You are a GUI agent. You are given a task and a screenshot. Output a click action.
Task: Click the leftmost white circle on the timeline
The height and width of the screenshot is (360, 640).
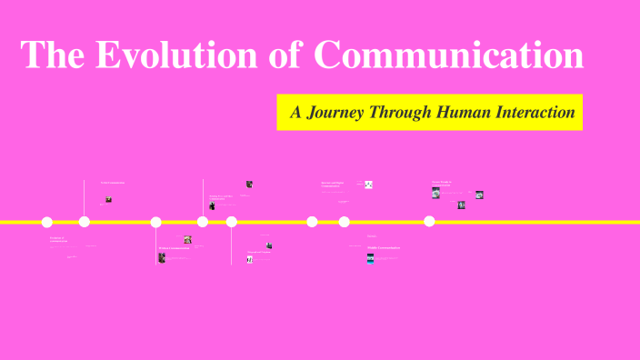coord(47,222)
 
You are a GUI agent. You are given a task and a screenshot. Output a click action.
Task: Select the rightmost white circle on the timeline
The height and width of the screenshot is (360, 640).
coord(429,222)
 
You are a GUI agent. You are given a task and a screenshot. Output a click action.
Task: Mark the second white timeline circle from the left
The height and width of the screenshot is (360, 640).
coord(85,222)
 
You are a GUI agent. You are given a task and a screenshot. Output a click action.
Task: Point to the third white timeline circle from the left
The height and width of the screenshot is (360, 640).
coord(155,222)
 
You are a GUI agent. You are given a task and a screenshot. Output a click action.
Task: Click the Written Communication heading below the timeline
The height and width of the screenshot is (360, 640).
coord(175,247)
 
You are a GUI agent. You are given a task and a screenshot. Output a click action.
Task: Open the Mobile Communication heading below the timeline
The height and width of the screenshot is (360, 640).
coord(383,247)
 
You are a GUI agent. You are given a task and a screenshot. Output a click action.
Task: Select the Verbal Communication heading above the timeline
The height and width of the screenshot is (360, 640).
coord(112,183)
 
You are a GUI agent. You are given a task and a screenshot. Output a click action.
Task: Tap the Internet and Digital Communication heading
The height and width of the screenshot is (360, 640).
coord(332,185)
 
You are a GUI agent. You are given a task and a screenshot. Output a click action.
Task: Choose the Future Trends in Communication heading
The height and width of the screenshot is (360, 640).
coord(442,183)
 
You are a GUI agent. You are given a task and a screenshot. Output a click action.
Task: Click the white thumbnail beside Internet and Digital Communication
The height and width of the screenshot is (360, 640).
coord(369,185)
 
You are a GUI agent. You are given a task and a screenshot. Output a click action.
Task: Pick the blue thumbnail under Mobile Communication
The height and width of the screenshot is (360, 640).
coord(370,258)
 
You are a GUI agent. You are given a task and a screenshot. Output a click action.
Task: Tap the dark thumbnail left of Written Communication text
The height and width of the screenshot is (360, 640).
coord(162,257)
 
